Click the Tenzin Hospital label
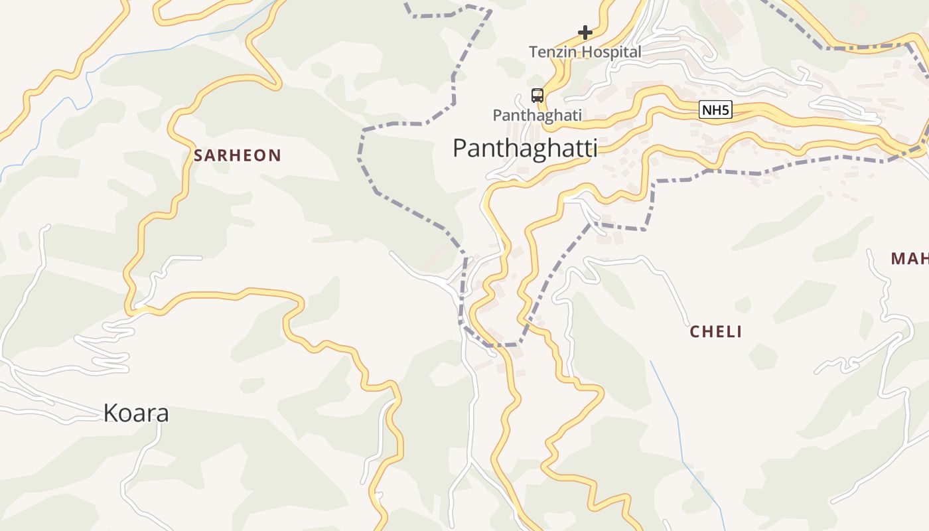(585, 52)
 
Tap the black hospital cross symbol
(585, 32)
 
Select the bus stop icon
(537, 96)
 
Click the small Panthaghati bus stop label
(537, 115)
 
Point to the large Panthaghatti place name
(524, 147)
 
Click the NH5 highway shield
(715, 110)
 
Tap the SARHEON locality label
(238, 156)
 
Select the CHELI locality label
(715, 332)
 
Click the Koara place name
(136, 413)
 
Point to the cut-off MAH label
(909, 259)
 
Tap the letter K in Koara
(110, 413)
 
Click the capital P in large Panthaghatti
(460, 147)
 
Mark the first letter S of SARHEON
(198, 156)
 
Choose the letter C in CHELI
(695, 332)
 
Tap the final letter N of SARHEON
(276, 156)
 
